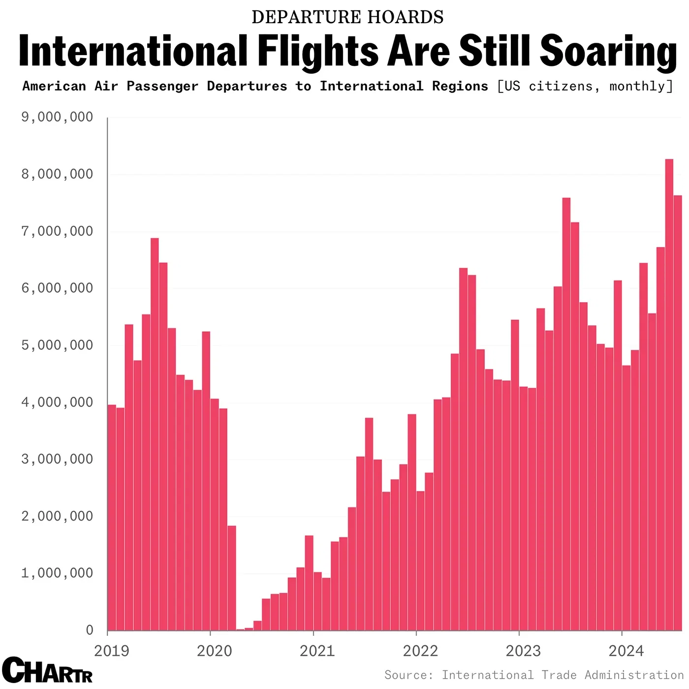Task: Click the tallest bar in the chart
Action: [669, 394]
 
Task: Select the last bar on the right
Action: [678, 413]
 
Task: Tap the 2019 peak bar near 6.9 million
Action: [155, 433]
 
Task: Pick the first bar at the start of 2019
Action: [112, 517]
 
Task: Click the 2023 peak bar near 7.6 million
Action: [566, 413]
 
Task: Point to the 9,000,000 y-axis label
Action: [57, 117]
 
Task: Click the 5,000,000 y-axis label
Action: [57, 345]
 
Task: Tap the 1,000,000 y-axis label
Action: [57, 573]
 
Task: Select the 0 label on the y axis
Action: [89, 630]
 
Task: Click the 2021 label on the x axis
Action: [317, 651]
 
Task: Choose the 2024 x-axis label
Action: [626, 651]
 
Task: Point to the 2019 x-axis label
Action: [111, 651]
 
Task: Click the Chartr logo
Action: [47, 670]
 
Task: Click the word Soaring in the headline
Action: [608, 52]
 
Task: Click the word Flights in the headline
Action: [318, 52]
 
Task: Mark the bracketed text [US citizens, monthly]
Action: [585, 86]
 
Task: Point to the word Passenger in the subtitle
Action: [162, 86]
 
